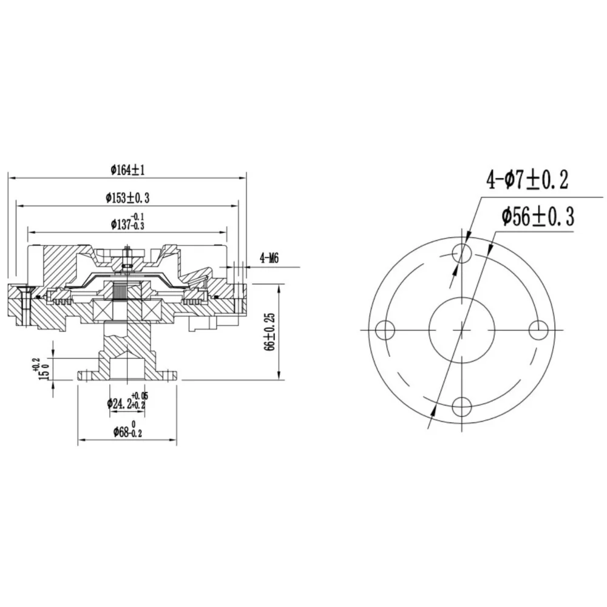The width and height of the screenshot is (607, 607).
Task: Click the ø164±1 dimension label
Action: click(127, 170)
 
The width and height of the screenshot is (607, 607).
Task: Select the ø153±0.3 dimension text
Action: click(127, 198)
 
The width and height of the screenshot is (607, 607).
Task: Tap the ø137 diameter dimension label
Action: click(127, 222)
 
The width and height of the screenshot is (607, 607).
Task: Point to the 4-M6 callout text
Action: click(269, 258)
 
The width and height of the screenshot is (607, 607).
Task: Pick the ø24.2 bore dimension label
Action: click(127, 401)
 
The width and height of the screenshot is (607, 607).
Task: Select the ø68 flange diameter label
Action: click(127, 430)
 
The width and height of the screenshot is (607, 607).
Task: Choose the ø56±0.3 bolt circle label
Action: click(538, 217)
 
